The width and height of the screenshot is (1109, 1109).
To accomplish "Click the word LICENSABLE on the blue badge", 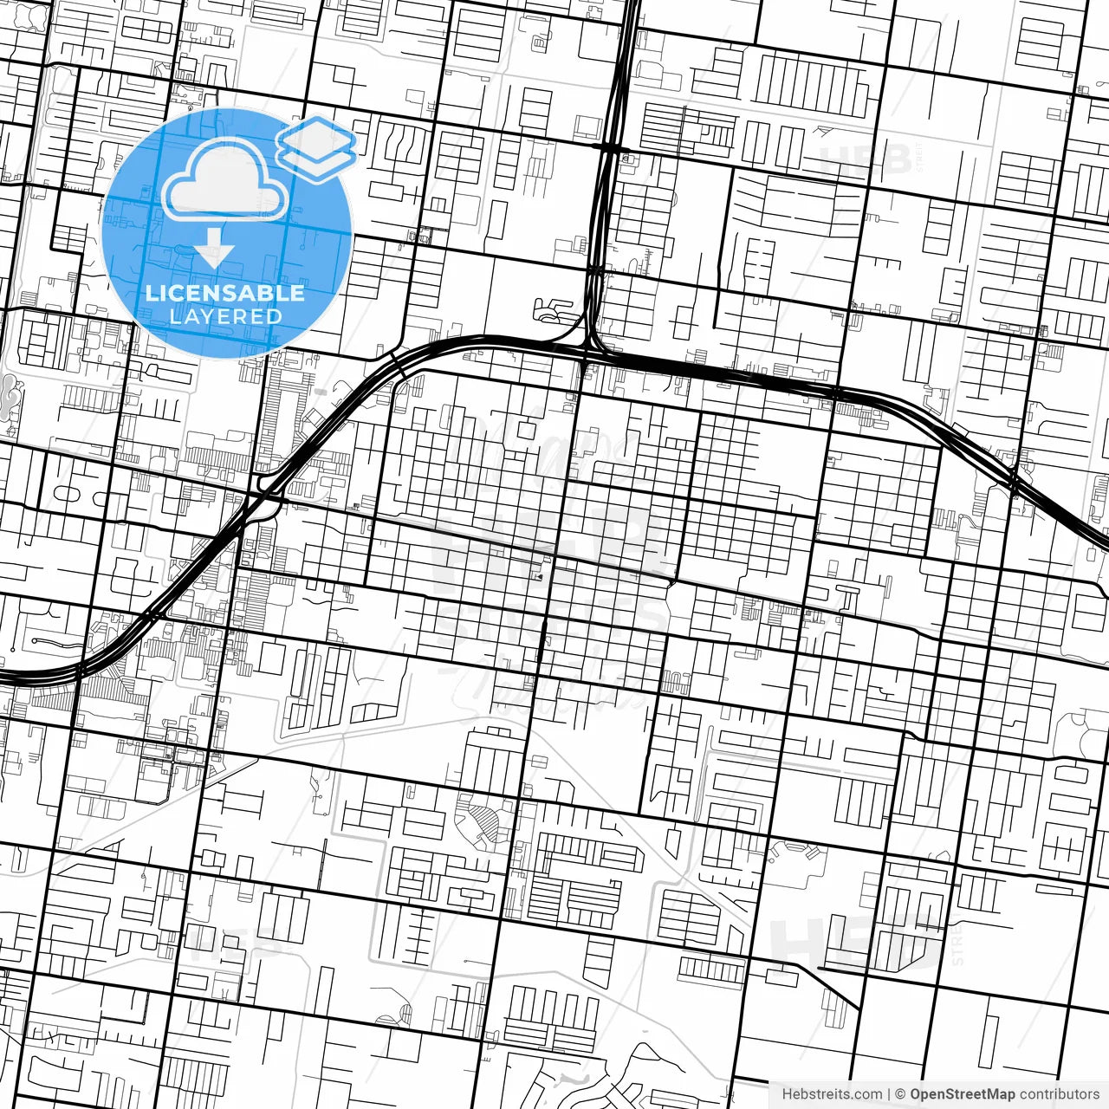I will coord(225,293).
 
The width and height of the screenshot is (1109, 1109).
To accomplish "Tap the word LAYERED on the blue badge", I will coord(225,316).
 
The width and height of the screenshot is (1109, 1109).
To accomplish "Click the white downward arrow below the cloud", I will coord(214,251).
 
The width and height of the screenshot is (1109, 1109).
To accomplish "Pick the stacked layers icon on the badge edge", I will coord(317,147).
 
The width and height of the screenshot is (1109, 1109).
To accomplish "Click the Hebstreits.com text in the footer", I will coord(832,1094).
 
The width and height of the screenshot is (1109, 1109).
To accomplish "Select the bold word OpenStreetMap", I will coord(962,1094).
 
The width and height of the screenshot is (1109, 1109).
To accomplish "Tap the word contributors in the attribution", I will coord(1059,1094).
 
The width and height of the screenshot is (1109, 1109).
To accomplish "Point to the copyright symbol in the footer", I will coord(900,1094).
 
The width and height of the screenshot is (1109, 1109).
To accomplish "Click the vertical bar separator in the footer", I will coord(890,1094).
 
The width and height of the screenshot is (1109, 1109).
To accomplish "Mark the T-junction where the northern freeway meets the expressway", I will coord(589,347).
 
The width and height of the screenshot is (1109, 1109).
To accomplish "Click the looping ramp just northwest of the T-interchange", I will coord(551,307).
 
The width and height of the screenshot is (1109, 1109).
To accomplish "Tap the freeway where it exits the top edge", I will coord(630,4).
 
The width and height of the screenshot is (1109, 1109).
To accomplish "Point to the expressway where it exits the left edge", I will coord(4,677).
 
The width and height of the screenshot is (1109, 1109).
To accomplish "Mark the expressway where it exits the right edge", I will coord(1104,541).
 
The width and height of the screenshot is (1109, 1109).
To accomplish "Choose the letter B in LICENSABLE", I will coord(260,293).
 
